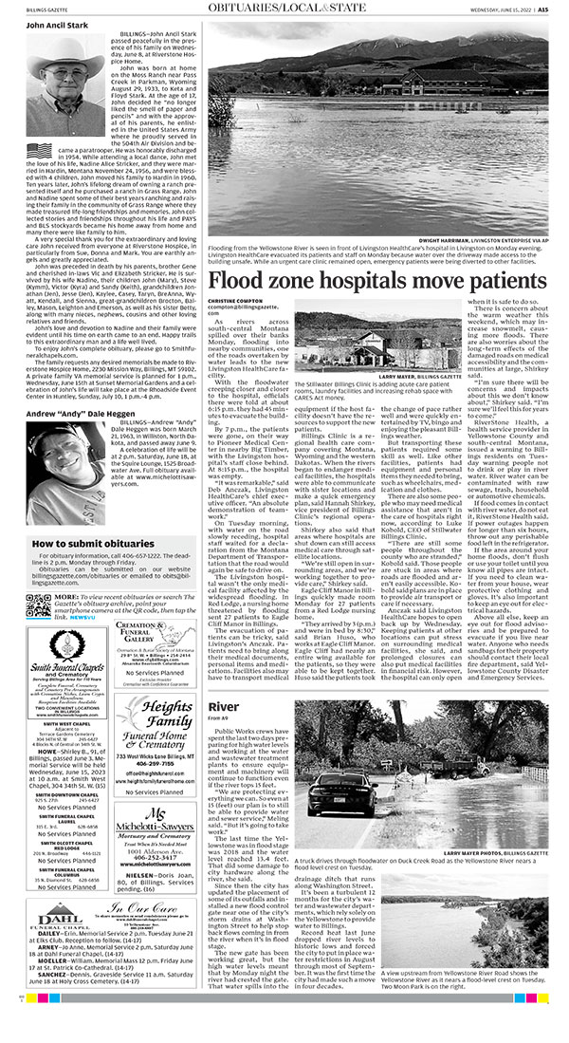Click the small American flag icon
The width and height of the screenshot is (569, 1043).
tap(39, 151)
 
